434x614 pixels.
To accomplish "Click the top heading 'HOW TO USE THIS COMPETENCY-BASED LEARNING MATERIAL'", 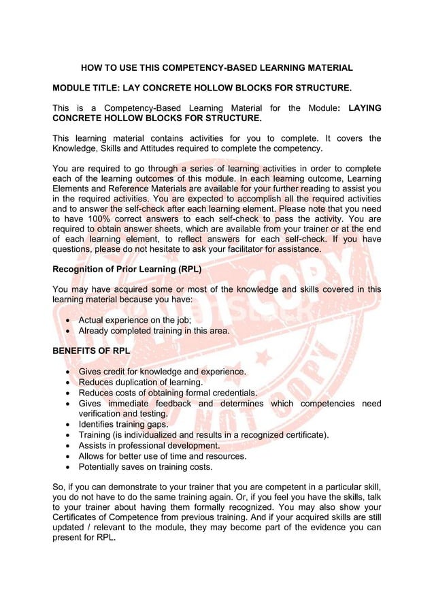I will [x=217, y=68].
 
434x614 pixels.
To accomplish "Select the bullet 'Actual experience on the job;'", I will [x=135, y=320].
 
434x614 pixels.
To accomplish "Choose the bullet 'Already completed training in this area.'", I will [x=154, y=331].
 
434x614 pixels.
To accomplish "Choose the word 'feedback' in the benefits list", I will [x=169, y=404].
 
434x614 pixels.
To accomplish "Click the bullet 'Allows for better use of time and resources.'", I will [x=163, y=456].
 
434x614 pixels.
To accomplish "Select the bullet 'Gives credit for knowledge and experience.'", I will [x=163, y=372].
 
